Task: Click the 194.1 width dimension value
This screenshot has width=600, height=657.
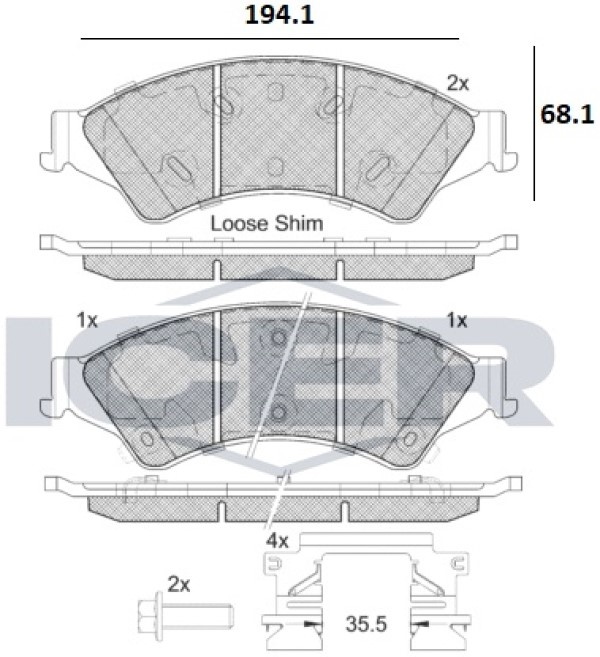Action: [x=279, y=16]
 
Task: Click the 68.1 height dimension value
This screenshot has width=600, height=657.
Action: [x=567, y=114]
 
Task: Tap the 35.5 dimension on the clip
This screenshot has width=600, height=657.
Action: [x=366, y=624]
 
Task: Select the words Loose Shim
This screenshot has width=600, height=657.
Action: [x=267, y=224]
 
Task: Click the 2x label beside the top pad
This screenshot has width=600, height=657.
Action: [x=458, y=84]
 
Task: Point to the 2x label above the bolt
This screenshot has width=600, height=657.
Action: [x=179, y=584]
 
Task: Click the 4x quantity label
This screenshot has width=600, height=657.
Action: [x=277, y=541]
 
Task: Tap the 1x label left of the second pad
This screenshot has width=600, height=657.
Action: [x=87, y=321]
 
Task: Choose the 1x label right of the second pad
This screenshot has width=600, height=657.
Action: [x=457, y=321]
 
